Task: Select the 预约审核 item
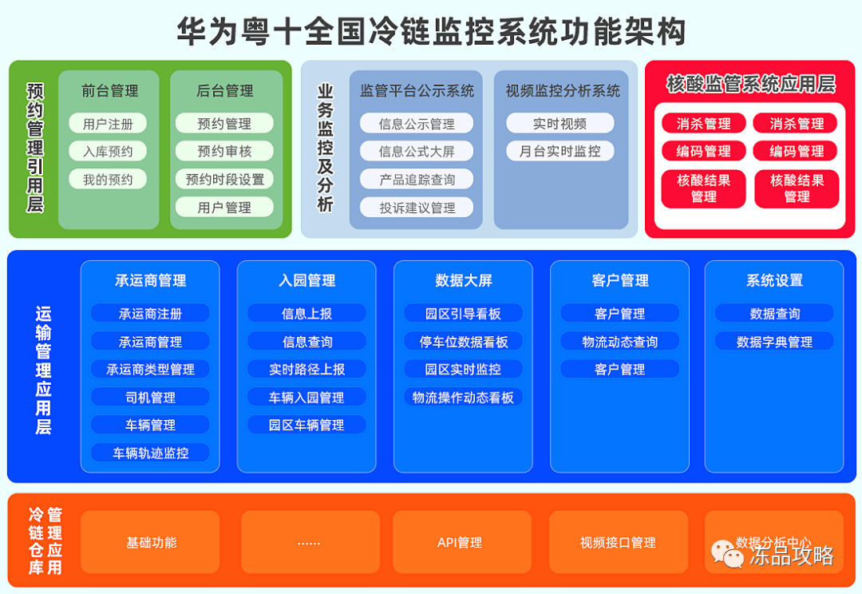224,151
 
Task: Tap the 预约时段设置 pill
224,179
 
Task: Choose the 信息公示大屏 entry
416,151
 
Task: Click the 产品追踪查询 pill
416,180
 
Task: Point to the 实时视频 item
560,124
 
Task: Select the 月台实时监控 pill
560,151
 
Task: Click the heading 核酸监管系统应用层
749,85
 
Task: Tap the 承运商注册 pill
150,314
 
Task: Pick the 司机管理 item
150,397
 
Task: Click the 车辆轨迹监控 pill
150,453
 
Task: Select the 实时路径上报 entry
306,369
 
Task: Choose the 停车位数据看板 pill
463,342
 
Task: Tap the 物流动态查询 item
619,342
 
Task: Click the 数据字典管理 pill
774,342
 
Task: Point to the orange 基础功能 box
151,543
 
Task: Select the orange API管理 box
460,543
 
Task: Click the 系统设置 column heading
774,280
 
